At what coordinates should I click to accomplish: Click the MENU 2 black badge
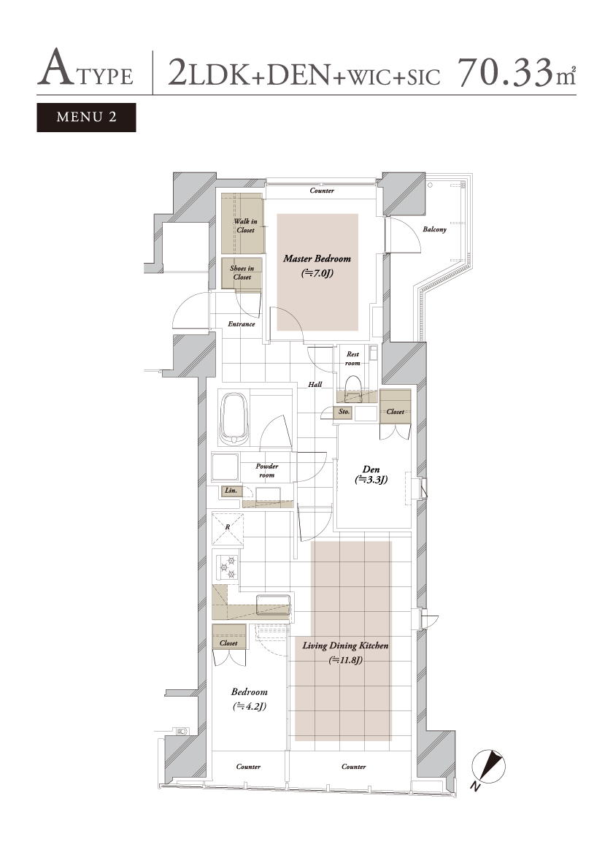pos(86,118)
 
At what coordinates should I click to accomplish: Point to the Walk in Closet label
pos(245,226)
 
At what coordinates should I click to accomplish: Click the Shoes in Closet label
pos(242,273)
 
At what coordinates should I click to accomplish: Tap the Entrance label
pos(242,324)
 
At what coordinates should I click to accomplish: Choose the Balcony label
pos(435,229)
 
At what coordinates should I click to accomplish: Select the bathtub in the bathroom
pos(234,418)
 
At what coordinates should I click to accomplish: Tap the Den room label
pos(371,475)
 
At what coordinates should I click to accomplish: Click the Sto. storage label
pos(344,412)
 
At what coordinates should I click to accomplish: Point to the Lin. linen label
pos(231,491)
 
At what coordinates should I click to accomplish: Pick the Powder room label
pos(267,470)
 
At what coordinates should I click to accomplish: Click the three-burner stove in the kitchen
pos(227,567)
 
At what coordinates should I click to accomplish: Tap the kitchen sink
pos(273,605)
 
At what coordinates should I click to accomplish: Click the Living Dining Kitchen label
pos(345,653)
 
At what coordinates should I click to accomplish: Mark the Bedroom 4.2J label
pos(250,699)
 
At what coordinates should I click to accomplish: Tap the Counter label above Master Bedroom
pos(322,191)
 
